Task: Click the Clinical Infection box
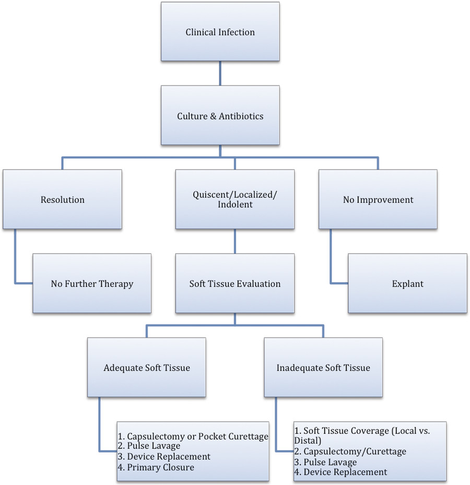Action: pyautogui.click(x=220, y=32)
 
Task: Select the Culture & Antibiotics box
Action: pyautogui.click(x=220, y=115)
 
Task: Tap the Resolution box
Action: pyautogui.click(x=63, y=199)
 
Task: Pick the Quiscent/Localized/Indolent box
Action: pyautogui.click(x=234, y=199)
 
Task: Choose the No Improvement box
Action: pyautogui.click(x=378, y=199)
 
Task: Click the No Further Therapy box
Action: pyautogui.click(x=92, y=284)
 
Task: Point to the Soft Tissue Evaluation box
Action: pyautogui.click(x=234, y=284)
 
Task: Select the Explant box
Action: pyautogui.click(x=407, y=284)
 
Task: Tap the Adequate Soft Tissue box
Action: pyautogui.click(x=146, y=368)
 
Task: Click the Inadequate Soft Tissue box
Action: pyautogui.click(x=323, y=368)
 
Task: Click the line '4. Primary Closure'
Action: pyautogui.click(x=157, y=467)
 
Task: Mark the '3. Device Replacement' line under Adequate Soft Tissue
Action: pyautogui.click(x=164, y=457)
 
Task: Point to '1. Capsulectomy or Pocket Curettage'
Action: pyautogui.click(x=193, y=436)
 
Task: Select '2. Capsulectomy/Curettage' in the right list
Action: pyautogui.click(x=350, y=452)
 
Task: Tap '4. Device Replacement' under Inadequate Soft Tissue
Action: pyautogui.click(x=342, y=472)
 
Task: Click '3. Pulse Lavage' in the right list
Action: pyautogui.click(x=326, y=462)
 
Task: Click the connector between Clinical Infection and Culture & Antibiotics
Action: pyautogui.click(x=220, y=74)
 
